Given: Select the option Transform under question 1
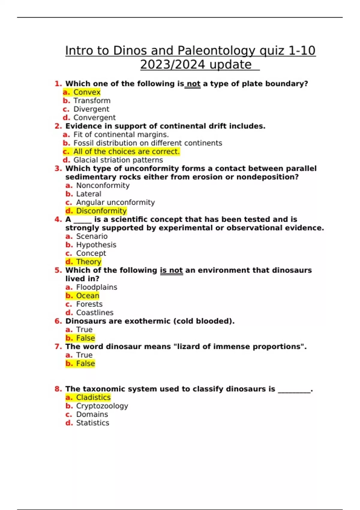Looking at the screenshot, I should pyautogui.click(x=92, y=100).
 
